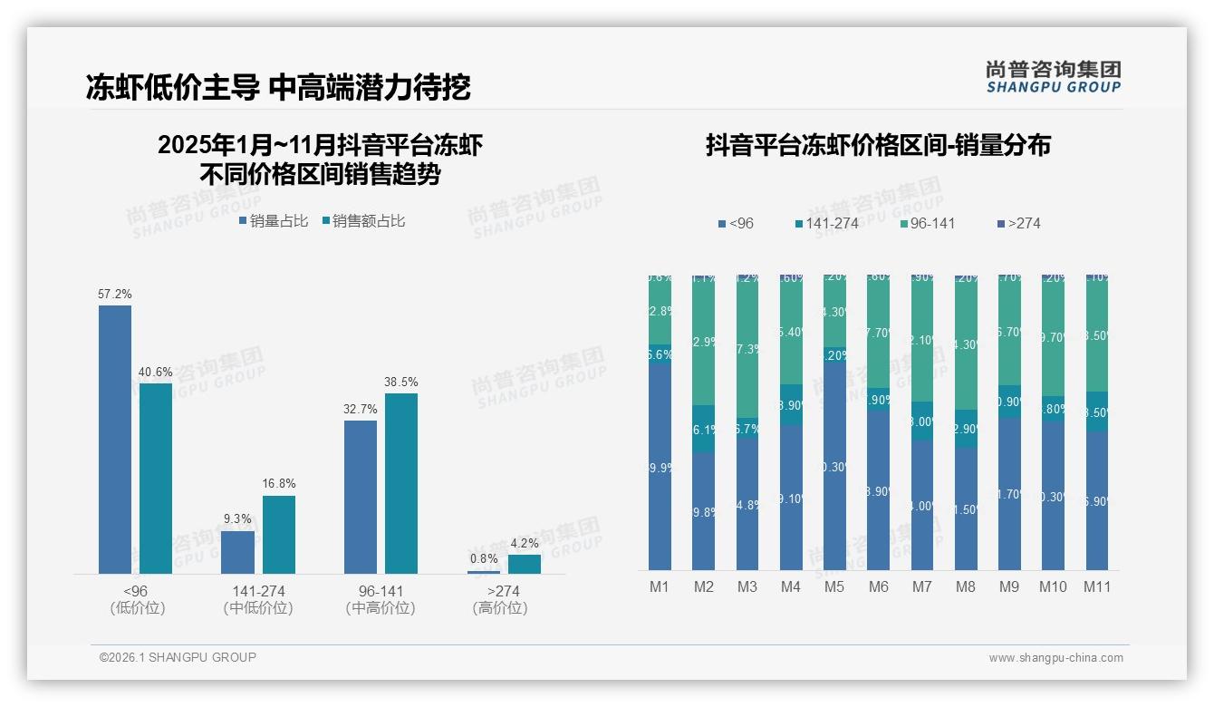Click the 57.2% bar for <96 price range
115,440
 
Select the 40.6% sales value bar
156,479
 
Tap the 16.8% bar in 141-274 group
279,535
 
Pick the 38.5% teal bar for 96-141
401,483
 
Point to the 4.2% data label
524,544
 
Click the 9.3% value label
237,519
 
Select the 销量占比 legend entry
274,221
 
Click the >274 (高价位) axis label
499,599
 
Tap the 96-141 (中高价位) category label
381,599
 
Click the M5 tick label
834,587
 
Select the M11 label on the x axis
1097,587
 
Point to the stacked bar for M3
747,422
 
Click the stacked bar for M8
966,422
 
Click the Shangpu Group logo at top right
1053,76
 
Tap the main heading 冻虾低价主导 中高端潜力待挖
278,87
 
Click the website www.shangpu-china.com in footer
1055,658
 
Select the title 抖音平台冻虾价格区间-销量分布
878,146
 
